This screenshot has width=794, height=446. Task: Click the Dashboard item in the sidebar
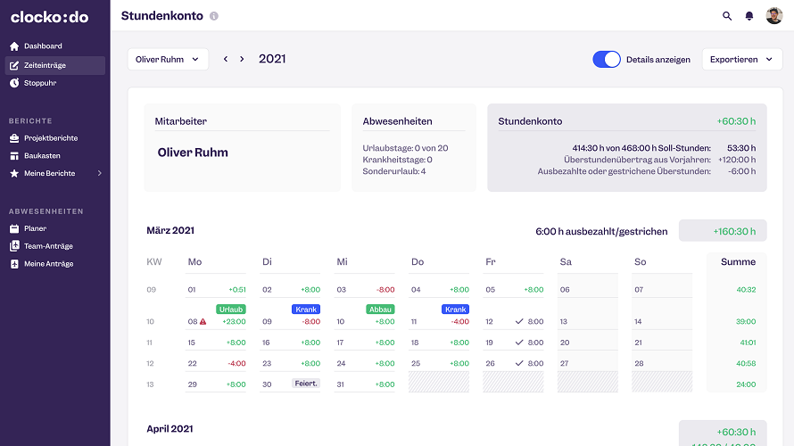(x=43, y=45)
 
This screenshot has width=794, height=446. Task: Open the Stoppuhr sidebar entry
(x=39, y=83)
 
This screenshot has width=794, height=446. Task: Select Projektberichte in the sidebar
(x=50, y=138)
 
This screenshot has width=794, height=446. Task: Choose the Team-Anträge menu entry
(x=48, y=246)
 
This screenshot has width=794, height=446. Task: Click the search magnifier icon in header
(x=727, y=16)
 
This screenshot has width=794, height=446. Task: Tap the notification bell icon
(x=749, y=16)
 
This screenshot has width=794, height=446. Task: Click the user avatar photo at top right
(x=773, y=16)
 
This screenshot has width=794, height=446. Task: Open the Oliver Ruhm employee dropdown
(x=168, y=60)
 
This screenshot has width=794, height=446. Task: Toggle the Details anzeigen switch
(x=607, y=60)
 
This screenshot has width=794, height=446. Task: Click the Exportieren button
(x=741, y=60)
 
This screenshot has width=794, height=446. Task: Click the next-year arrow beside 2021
(x=242, y=60)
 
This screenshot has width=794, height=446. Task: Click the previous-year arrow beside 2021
(x=226, y=60)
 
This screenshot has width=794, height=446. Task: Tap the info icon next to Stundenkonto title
(x=213, y=17)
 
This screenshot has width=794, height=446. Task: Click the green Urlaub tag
(x=230, y=310)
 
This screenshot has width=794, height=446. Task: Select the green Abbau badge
(x=379, y=310)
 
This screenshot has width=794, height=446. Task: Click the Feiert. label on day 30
(x=305, y=384)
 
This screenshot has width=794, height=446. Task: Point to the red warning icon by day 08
(x=203, y=321)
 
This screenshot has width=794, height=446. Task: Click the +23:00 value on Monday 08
(x=235, y=321)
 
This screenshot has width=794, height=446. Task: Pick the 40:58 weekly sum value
(x=746, y=363)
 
